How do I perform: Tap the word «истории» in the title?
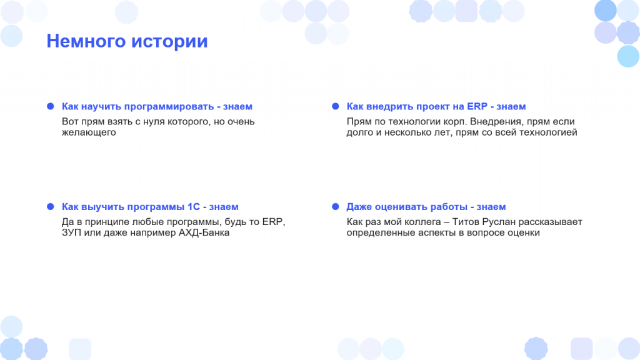(x=169, y=41)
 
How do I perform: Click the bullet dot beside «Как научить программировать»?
(x=50, y=106)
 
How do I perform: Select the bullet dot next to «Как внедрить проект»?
(x=336, y=106)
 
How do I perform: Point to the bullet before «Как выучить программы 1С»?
(x=50, y=206)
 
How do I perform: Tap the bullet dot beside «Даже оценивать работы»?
(x=336, y=206)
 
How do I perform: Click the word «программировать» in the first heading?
(x=169, y=106)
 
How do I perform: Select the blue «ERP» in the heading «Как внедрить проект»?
(x=477, y=106)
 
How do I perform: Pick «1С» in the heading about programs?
(x=194, y=206)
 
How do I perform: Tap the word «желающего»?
(x=89, y=132)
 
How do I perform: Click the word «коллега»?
(x=412, y=222)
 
